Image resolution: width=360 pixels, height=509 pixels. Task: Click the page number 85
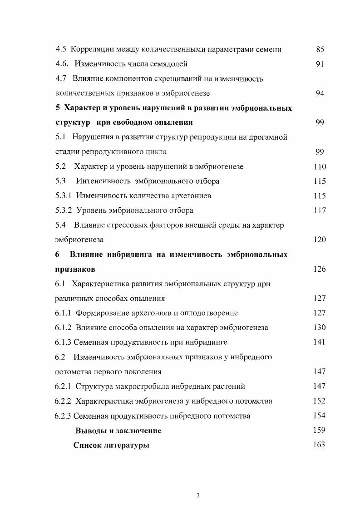320,49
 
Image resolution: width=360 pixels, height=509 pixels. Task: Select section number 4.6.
62,64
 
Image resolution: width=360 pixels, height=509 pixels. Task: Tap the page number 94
320,93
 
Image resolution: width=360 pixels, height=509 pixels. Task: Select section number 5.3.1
64,196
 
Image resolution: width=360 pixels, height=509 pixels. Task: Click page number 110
320,166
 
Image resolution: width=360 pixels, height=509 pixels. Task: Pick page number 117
320,210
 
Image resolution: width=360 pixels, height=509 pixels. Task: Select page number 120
320,240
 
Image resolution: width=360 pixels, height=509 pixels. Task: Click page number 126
320,269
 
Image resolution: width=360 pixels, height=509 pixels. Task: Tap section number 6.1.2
64,328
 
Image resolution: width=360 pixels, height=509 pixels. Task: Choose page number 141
320,342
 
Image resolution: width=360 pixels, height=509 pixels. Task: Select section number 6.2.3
64,416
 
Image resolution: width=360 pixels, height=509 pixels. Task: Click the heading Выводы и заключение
118,431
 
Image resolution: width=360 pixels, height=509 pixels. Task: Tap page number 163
320,445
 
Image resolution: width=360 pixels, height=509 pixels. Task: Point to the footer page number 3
198,495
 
